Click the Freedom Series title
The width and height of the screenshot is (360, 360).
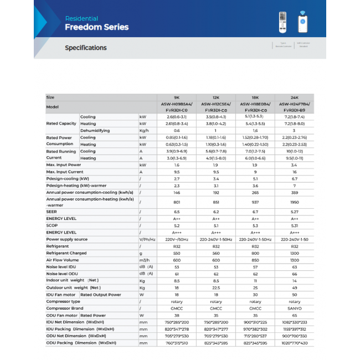coord(96,27)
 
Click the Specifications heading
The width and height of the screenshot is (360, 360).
coord(85,48)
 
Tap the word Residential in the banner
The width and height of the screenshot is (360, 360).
coord(81,18)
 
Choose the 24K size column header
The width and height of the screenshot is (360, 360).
coord(294,97)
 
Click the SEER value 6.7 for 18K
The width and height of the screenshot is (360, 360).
coord(255,212)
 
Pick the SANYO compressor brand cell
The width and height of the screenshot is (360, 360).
coord(294,308)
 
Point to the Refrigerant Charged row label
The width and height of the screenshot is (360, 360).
coord(66,253)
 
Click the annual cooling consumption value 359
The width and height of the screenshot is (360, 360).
coord(294,193)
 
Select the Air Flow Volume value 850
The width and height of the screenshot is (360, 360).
coord(255,260)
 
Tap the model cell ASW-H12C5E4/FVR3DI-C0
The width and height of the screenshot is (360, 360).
coord(216,106)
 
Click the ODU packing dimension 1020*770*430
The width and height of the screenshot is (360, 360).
coord(294,343)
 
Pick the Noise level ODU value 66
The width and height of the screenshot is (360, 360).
coord(294,274)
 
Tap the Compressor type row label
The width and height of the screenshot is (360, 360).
coord(63,301)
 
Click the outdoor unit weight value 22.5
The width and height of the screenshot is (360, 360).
coord(216,287)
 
